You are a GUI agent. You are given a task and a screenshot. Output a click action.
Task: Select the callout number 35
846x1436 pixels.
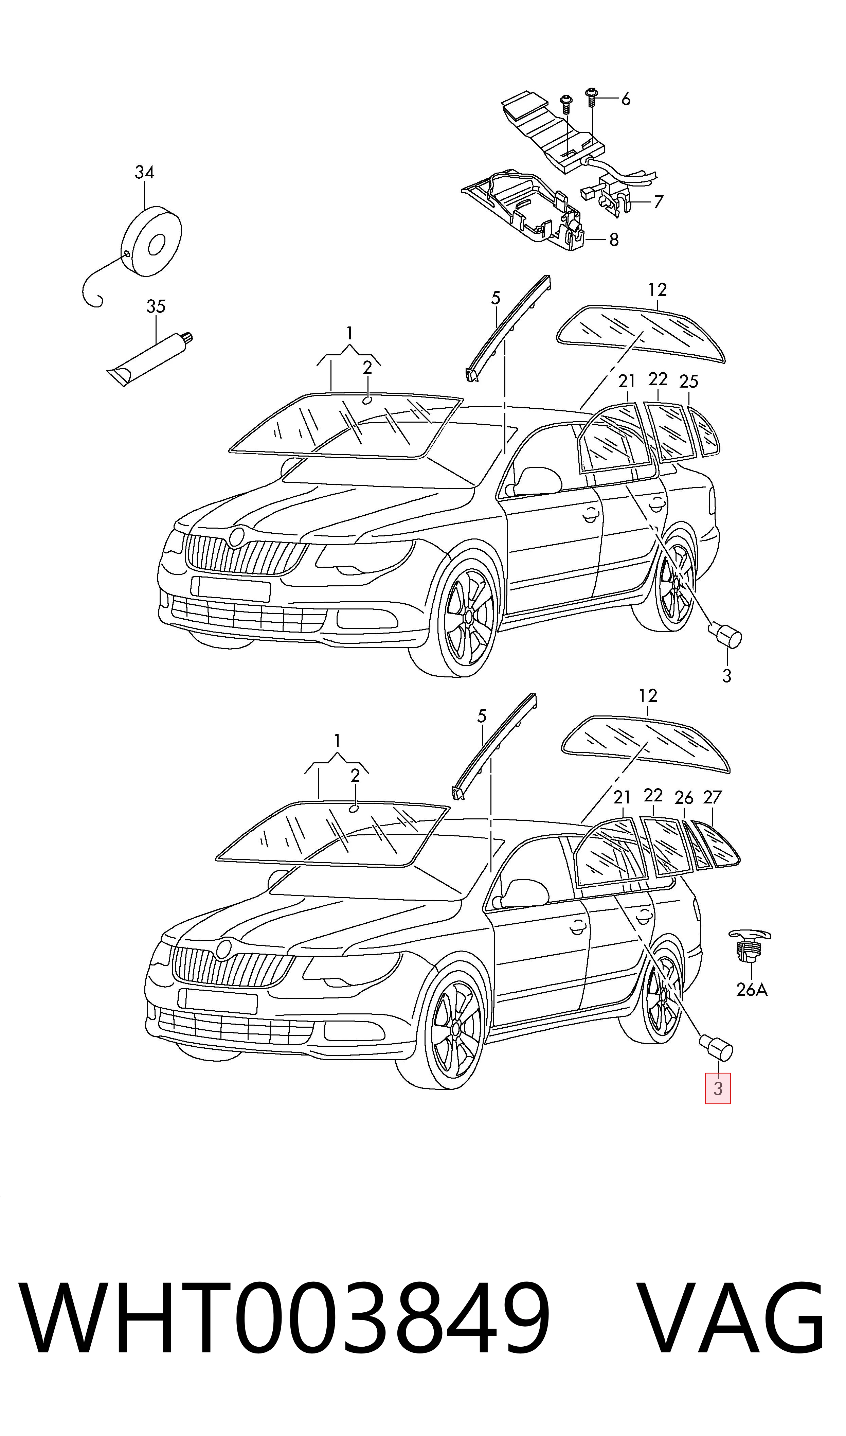[156, 307]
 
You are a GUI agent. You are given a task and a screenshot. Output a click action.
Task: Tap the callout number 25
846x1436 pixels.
[689, 382]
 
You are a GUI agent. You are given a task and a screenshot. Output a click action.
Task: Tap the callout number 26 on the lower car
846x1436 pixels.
[684, 798]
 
